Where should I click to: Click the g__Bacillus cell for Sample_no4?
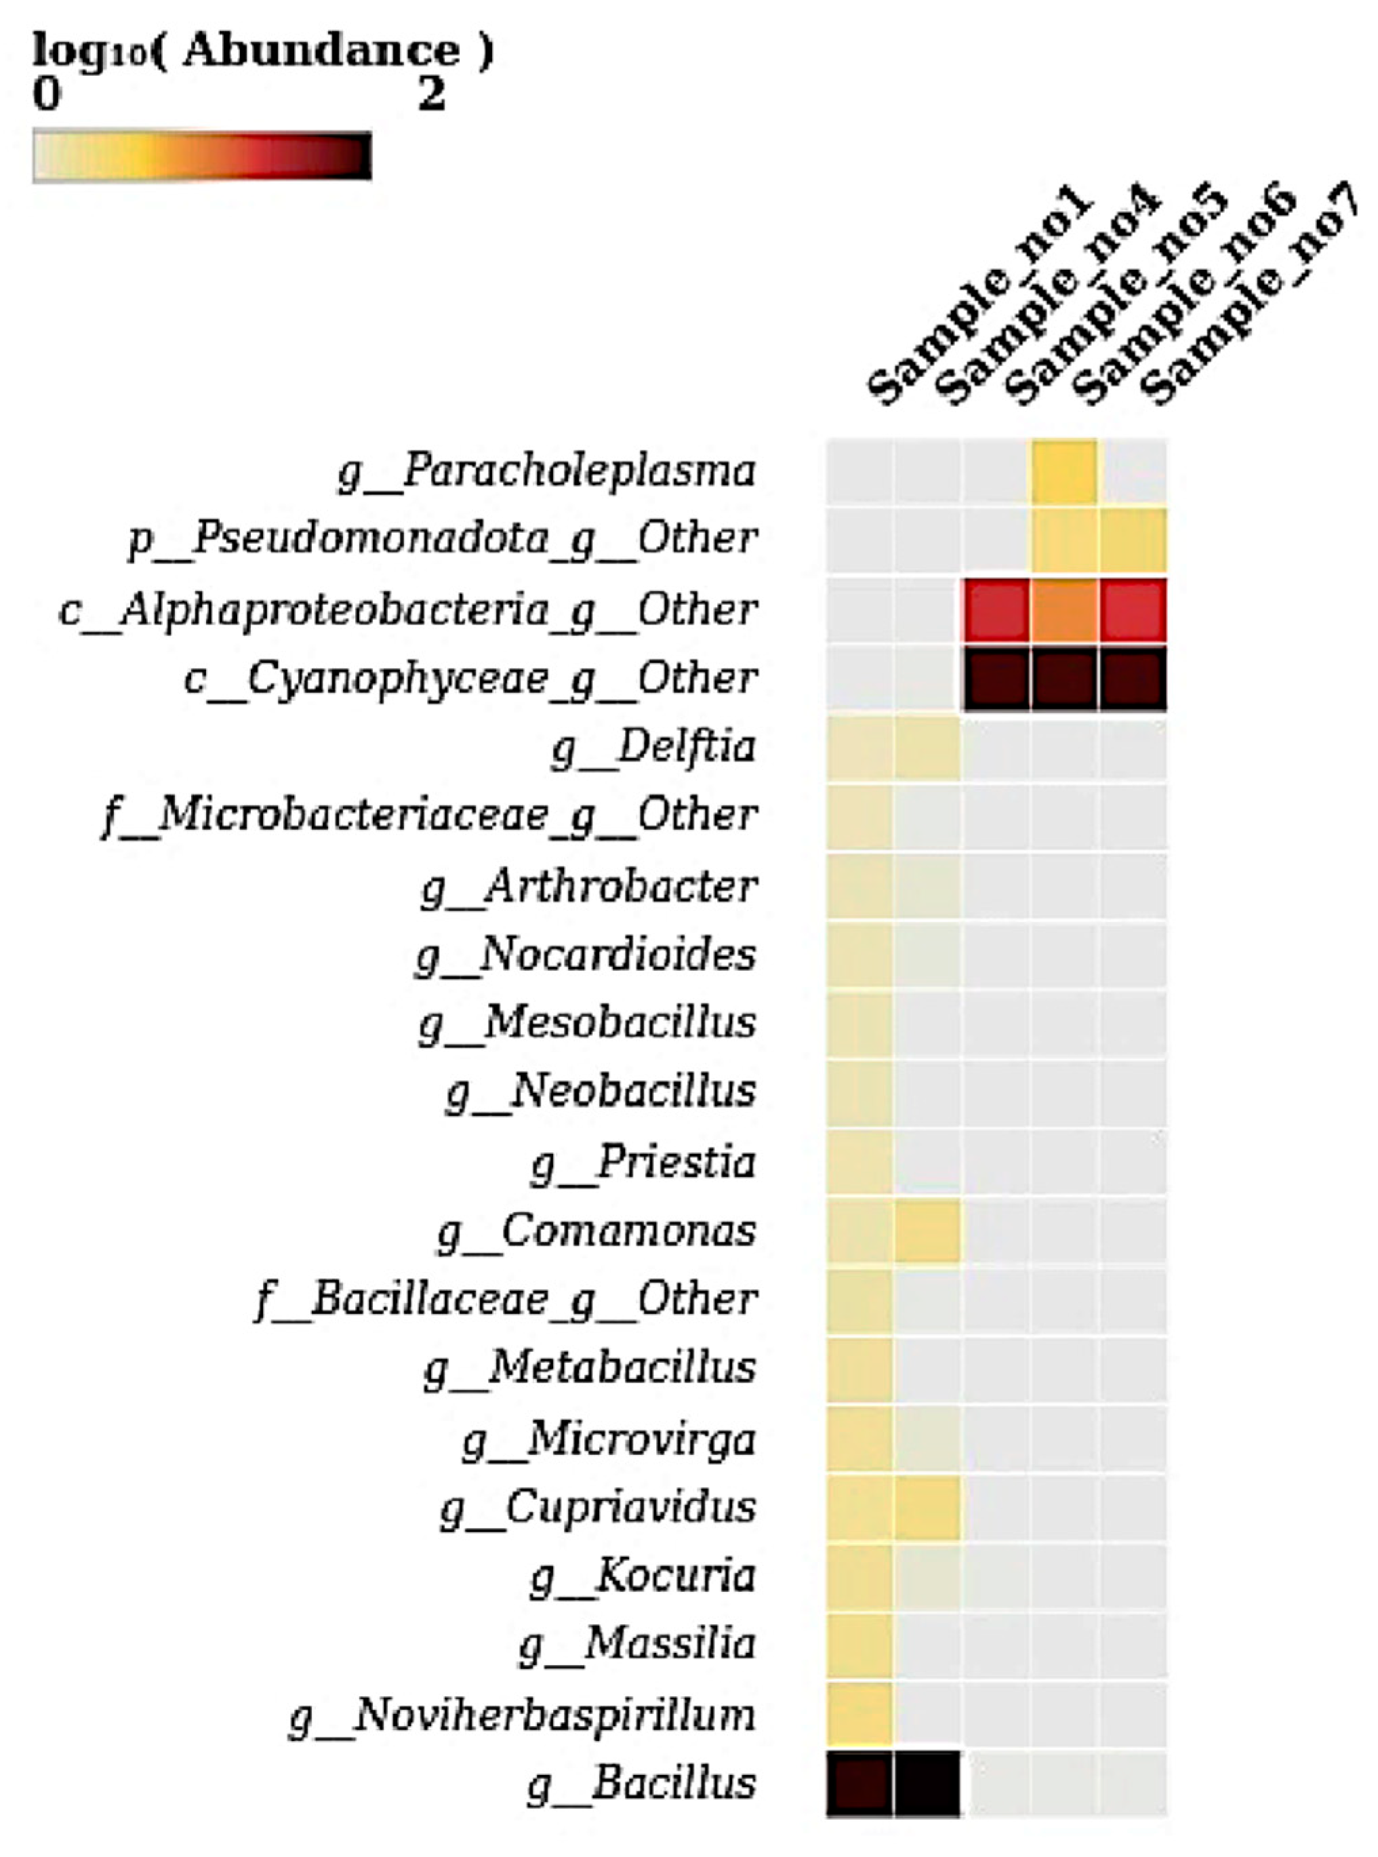tap(927, 1784)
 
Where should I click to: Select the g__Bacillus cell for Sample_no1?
tap(859, 1784)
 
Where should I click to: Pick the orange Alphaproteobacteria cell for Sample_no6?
tap(1064, 610)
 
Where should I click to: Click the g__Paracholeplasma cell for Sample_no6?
tap(1064, 472)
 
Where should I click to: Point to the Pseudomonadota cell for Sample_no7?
tap(1133, 540)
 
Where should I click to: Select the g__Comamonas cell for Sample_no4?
tap(927, 1231)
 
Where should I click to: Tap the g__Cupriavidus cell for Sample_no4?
tap(927, 1506)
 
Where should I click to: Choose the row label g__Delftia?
tap(653, 747)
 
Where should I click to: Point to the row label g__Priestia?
tap(643, 1163)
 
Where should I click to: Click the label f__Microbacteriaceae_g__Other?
tap(430, 816)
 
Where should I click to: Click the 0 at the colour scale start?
tap(47, 95)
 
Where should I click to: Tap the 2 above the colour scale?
tap(431, 95)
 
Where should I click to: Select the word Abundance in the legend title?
tap(321, 51)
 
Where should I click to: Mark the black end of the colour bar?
tap(361, 156)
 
